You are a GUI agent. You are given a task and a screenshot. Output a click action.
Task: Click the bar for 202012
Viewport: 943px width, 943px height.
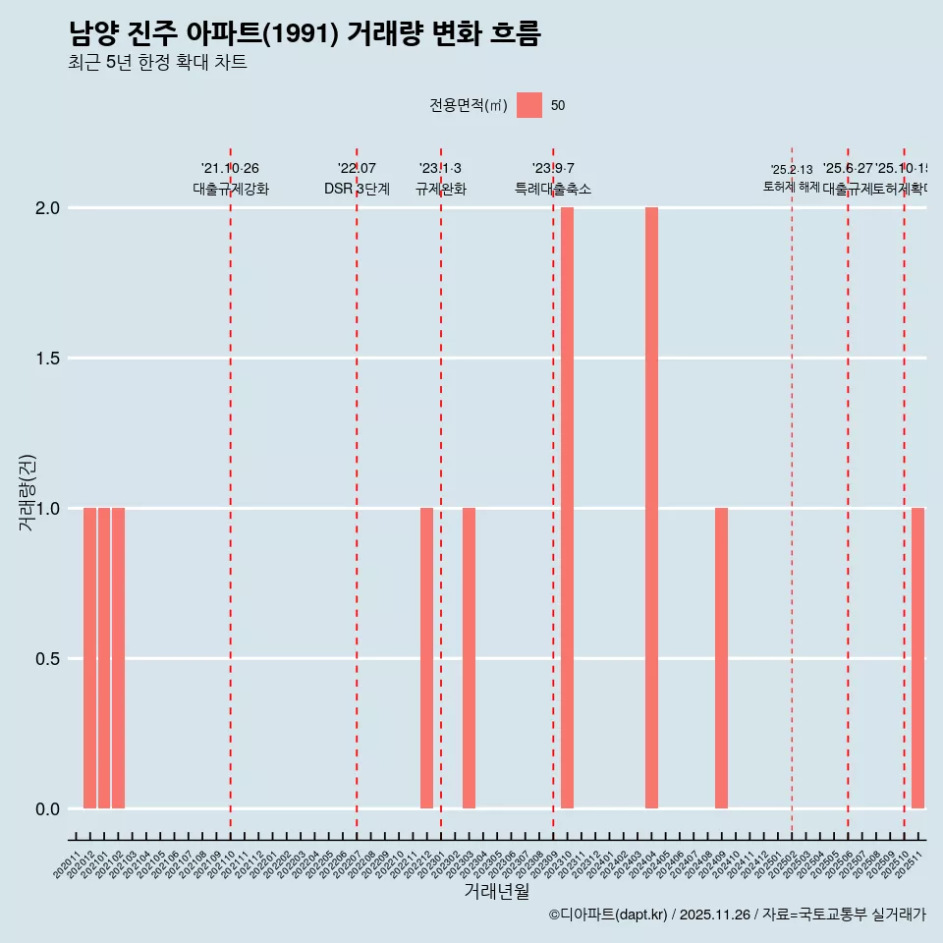pos(89,658)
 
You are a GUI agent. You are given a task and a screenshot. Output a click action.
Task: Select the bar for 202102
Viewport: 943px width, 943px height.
pos(118,658)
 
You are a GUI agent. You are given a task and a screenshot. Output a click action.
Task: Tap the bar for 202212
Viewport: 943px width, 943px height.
pos(426,658)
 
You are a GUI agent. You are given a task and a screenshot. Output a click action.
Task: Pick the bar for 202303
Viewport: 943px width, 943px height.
pos(469,658)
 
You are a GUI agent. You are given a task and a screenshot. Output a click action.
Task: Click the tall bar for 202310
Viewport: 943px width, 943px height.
pos(567,508)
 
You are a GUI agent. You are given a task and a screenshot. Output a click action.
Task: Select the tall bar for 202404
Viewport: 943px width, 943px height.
pos(651,508)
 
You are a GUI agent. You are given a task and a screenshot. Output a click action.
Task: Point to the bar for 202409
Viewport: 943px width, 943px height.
pos(721,658)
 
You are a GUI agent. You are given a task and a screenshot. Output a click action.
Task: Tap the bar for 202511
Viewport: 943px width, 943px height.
pos(917,658)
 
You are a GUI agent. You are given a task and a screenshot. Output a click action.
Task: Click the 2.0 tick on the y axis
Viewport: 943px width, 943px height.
pos(49,208)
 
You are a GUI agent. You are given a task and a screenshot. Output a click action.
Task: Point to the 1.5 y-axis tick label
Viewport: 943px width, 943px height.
pos(49,359)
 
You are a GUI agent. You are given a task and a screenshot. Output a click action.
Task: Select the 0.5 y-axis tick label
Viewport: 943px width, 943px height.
pos(49,659)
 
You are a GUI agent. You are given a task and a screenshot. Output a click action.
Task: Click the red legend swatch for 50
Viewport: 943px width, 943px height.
pos(529,105)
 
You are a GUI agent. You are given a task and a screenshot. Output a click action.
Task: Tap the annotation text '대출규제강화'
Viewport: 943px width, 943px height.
pos(231,190)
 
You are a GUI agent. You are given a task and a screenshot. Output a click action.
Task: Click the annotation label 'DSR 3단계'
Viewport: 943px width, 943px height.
pos(357,190)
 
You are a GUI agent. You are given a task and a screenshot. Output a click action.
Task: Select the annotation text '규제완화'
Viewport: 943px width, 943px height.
pos(441,190)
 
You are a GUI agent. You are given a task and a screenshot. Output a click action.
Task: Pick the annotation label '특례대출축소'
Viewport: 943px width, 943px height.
pos(553,190)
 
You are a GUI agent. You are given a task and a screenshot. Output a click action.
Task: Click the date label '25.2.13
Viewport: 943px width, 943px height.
pos(792,170)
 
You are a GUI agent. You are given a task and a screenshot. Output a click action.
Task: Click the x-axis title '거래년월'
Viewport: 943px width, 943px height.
pos(496,892)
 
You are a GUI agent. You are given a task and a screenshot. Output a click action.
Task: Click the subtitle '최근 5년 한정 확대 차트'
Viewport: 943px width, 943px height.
pos(157,63)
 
